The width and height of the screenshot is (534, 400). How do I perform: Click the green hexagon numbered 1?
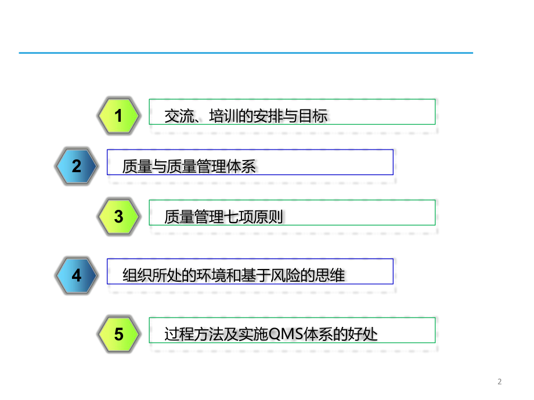pos(118,116)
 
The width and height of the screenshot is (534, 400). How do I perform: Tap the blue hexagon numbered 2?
pos(77,166)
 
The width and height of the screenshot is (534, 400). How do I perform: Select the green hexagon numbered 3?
pos(118,217)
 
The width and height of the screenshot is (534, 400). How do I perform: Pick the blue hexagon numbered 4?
pos(77,275)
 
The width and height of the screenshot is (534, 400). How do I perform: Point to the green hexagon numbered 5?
pos(118,334)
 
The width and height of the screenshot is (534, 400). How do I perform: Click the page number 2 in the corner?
pos(500,381)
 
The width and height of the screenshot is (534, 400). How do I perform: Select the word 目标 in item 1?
pos(315,117)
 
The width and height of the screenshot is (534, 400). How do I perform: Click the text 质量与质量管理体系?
pos(189,167)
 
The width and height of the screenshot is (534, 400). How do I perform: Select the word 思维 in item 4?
pos(331,275)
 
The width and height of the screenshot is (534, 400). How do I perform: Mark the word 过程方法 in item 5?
pos(192,334)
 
